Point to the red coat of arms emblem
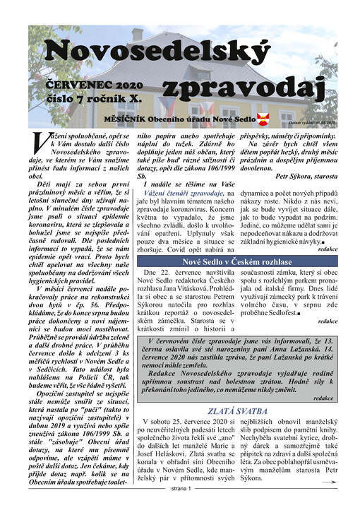click(x=264, y=118)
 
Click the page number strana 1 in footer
click(x=181, y=508)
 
